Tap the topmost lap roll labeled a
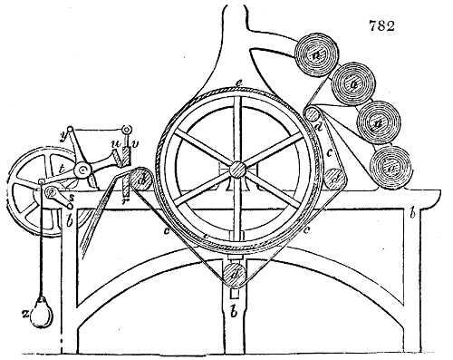317,53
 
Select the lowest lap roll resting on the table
390,167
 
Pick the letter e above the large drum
236,83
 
